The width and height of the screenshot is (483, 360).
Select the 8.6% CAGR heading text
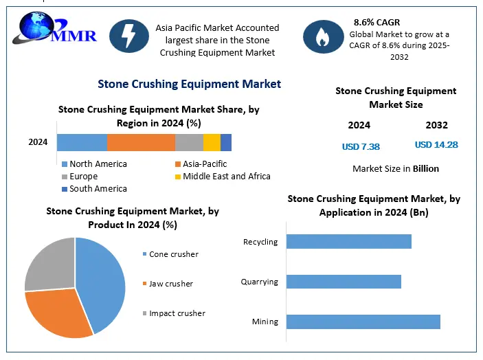377,23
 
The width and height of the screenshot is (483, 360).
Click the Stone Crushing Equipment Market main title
189,84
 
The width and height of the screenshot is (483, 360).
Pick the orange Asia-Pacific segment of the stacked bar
141,142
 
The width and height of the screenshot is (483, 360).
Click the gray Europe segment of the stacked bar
189,142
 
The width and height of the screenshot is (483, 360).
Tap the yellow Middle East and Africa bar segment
212,142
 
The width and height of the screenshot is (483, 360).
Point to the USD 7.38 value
361,146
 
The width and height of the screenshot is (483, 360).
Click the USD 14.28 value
436,145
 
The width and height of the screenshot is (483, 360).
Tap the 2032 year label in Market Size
436,125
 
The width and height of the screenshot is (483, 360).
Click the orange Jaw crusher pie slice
58,313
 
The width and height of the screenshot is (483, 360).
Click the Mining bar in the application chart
363,322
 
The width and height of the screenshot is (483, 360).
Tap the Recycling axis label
260,242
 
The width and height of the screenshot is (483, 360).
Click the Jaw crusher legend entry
170,284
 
